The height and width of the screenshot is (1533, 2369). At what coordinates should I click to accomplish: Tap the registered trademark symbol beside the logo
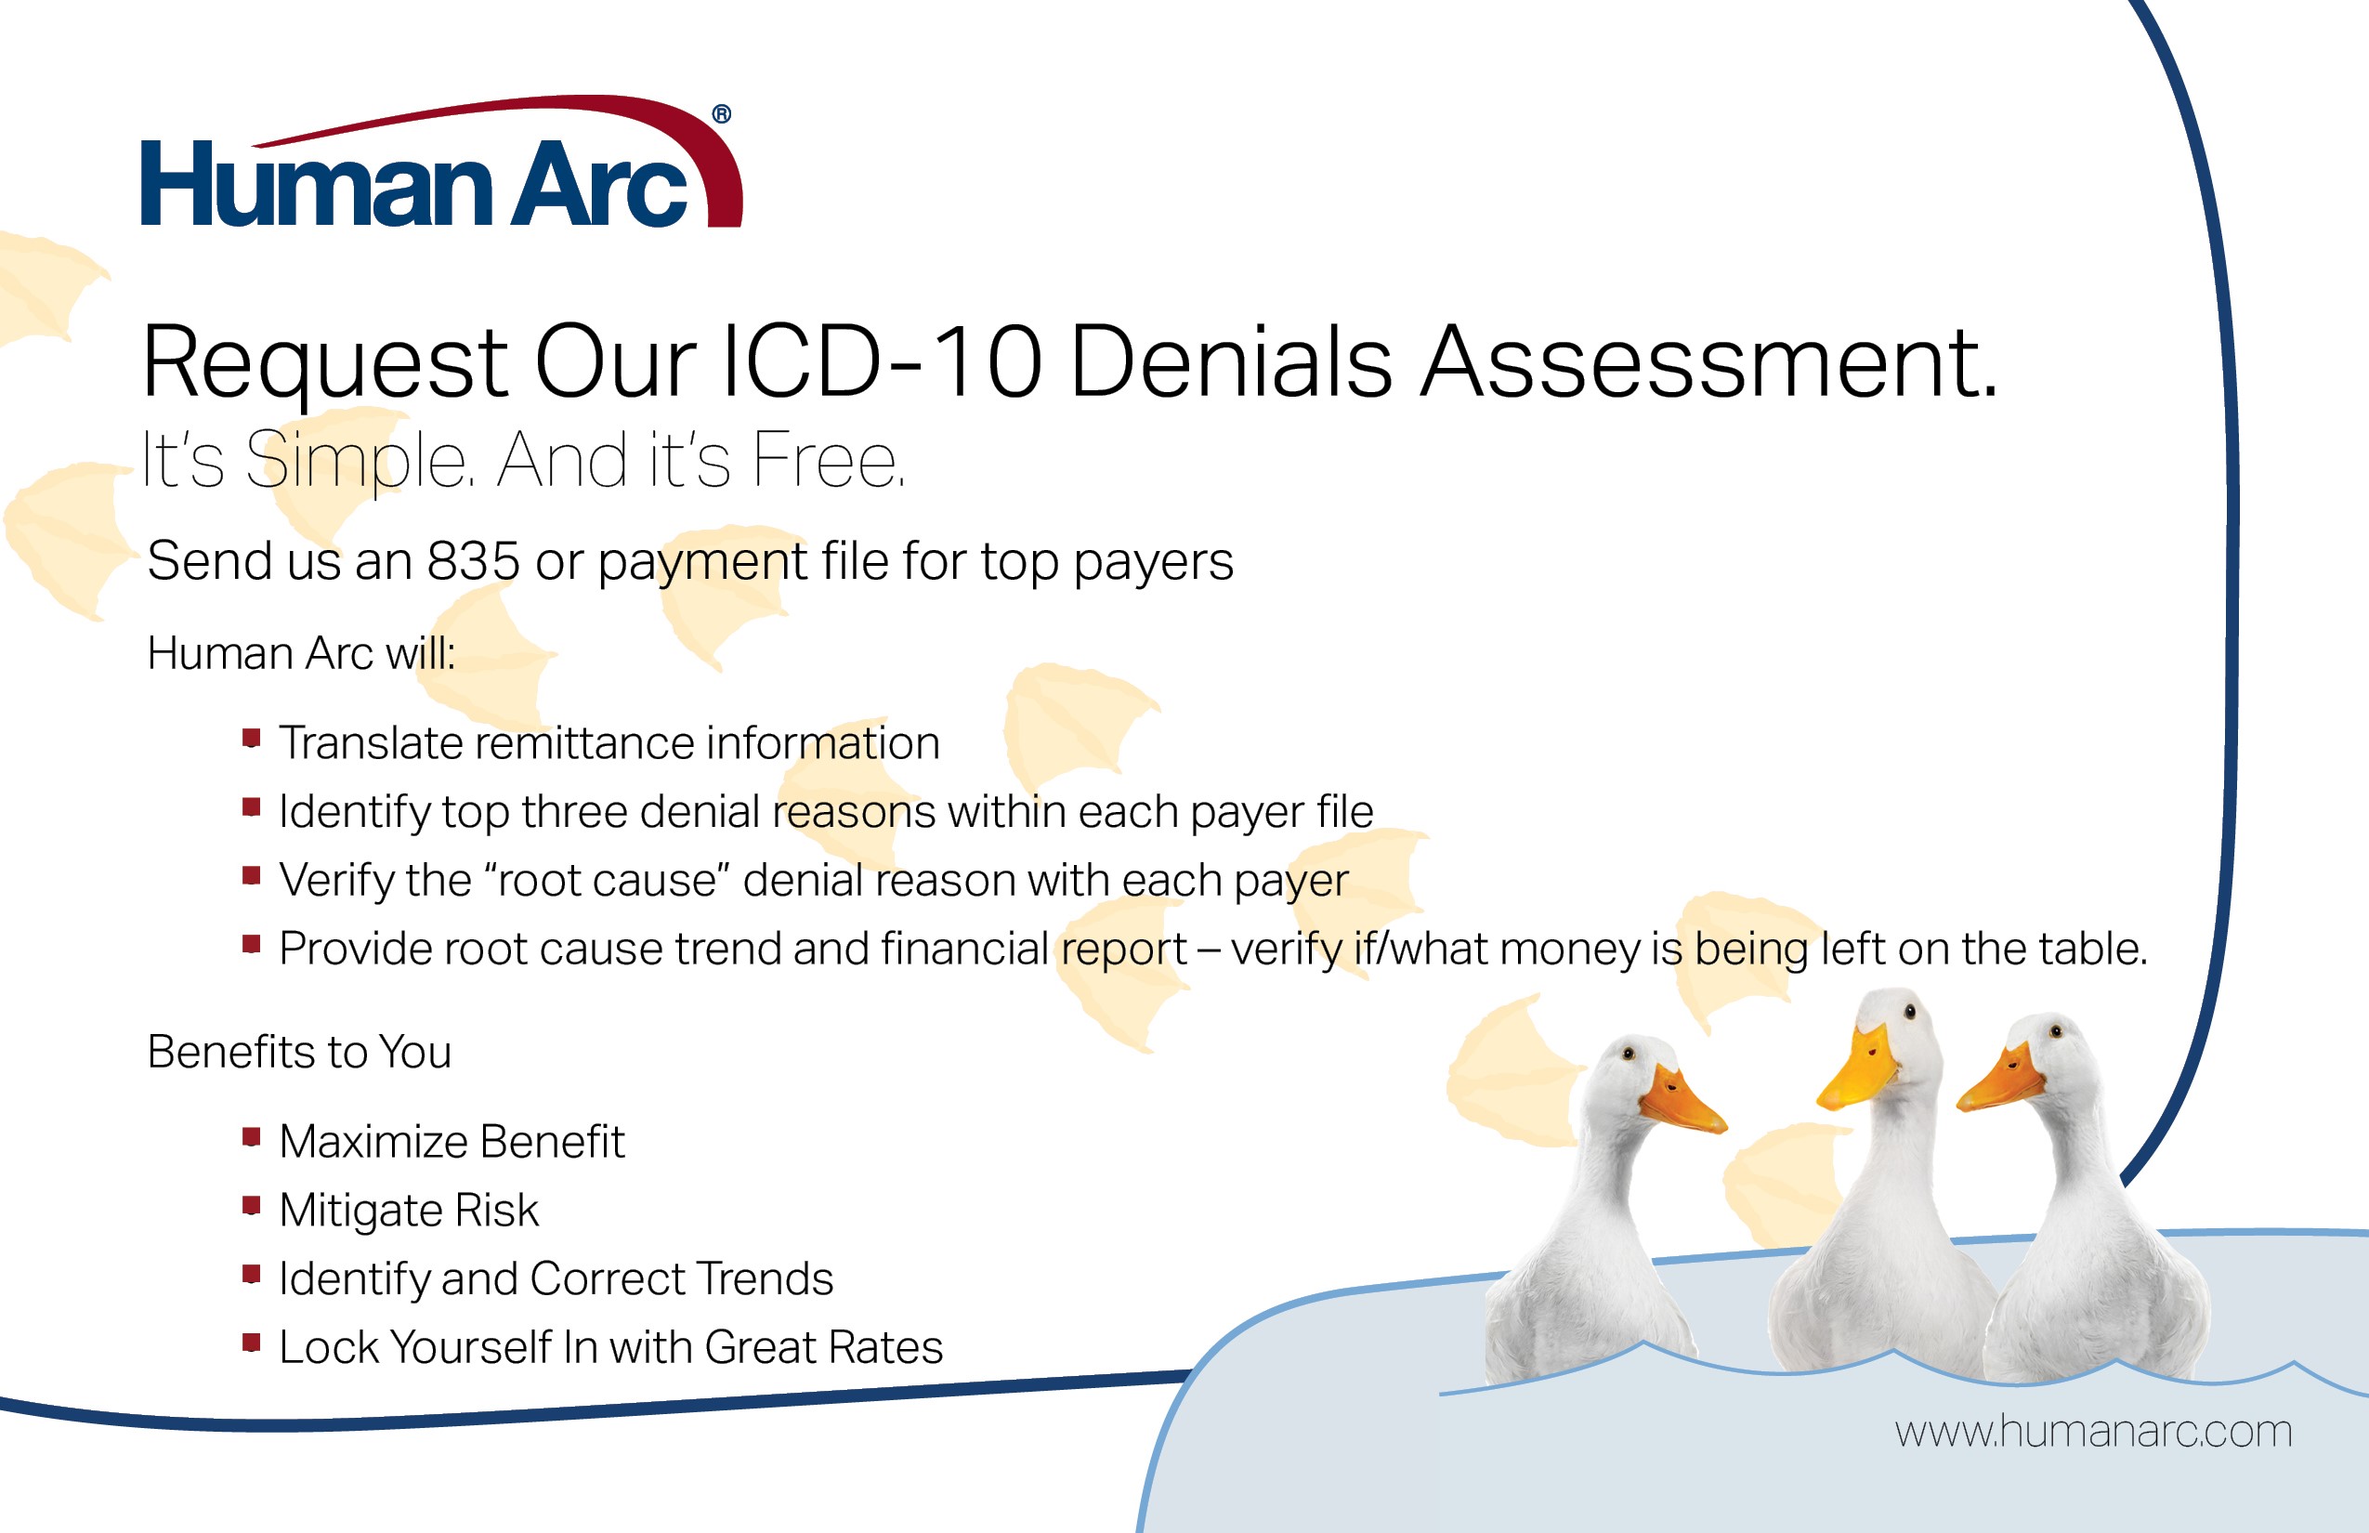[722, 114]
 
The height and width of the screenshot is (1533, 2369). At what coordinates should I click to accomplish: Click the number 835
[473, 560]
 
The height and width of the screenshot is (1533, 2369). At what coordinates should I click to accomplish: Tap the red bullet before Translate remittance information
[251, 738]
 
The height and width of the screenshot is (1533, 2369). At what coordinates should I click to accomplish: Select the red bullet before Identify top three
[251, 806]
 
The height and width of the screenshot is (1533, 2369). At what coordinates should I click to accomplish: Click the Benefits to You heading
[298, 1051]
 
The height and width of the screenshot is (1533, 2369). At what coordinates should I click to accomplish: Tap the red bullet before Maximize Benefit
[251, 1135]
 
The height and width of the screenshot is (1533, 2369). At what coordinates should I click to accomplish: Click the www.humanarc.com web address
[2093, 1432]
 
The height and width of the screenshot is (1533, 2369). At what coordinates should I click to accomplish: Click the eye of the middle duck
[1909, 1013]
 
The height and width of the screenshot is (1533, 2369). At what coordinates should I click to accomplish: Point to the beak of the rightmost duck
[2001, 1083]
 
